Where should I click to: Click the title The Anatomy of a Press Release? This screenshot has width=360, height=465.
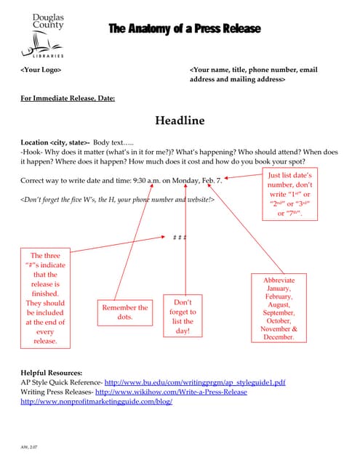[185, 29]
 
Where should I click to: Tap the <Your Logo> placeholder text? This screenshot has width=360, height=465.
[41, 70]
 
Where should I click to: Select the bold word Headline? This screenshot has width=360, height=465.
[180, 121]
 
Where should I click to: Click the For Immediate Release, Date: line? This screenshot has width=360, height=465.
[68, 98]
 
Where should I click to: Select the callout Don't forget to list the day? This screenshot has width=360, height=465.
[183, 316]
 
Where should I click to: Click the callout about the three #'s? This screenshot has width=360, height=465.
[45, 298]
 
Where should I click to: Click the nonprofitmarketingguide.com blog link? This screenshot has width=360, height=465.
[97, 401]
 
